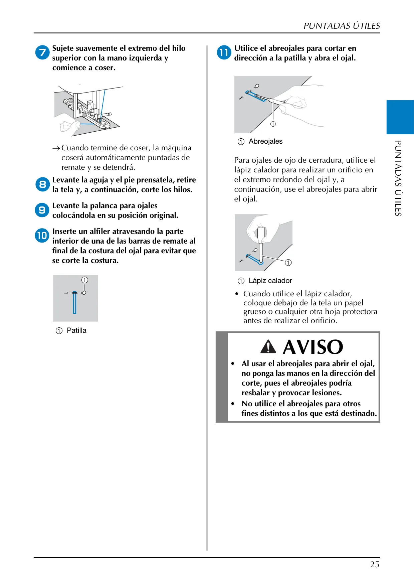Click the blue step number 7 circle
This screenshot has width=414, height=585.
tap(42, 53)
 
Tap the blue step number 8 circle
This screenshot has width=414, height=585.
tap(42, 184)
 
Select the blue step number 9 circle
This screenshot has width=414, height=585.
tap(42, 210)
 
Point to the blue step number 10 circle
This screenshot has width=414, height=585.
tap(42, 236)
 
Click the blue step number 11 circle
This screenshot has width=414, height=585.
tap(224, 53)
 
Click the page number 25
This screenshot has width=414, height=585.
tap(375, 565)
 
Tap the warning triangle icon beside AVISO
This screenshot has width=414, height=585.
tap(268, 346)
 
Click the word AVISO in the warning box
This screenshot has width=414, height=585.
tap(313, 347)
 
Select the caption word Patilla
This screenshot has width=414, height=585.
tap(76, 330)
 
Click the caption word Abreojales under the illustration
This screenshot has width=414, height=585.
tap(265, 141)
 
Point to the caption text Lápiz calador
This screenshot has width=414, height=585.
tap(270, 281)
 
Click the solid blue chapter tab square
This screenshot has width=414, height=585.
tap(400, 117)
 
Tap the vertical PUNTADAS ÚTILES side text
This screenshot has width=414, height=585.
tap(398, 178)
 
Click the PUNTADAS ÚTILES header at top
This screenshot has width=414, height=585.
tap(342, 26)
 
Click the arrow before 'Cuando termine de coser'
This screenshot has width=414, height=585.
tap(56, 148)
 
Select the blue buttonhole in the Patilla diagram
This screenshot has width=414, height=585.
tap(74, 303)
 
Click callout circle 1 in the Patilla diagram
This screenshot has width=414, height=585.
tap(85, 280)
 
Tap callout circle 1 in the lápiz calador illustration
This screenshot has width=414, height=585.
tap(288, 263)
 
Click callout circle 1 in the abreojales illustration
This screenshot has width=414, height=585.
tap(273, 124)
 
